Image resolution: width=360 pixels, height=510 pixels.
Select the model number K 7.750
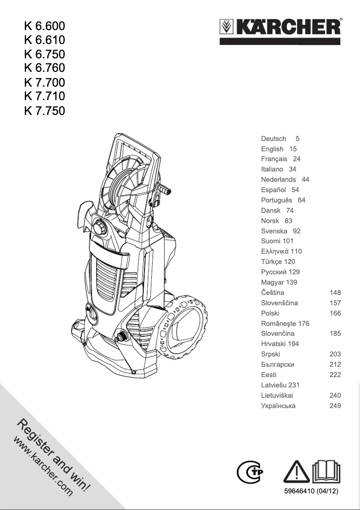pos(44,110)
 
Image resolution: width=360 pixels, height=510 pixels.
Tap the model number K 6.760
pos(44,68)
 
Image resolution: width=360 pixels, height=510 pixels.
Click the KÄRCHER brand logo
pos(281,28)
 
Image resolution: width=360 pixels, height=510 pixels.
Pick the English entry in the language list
pos(272,149)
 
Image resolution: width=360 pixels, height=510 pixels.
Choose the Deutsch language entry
pos(274,139)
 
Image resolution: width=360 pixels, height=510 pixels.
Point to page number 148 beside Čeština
pos(335,293)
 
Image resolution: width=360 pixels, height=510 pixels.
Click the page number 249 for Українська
pos(335,406)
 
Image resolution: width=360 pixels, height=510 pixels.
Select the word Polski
pos(270,313)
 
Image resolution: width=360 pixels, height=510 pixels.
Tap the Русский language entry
pos(274,272)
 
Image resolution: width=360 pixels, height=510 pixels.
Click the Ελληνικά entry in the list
pos(275,251)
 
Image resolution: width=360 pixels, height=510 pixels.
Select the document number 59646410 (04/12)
pos(312,492)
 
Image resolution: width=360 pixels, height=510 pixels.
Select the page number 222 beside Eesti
pos(335,375)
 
